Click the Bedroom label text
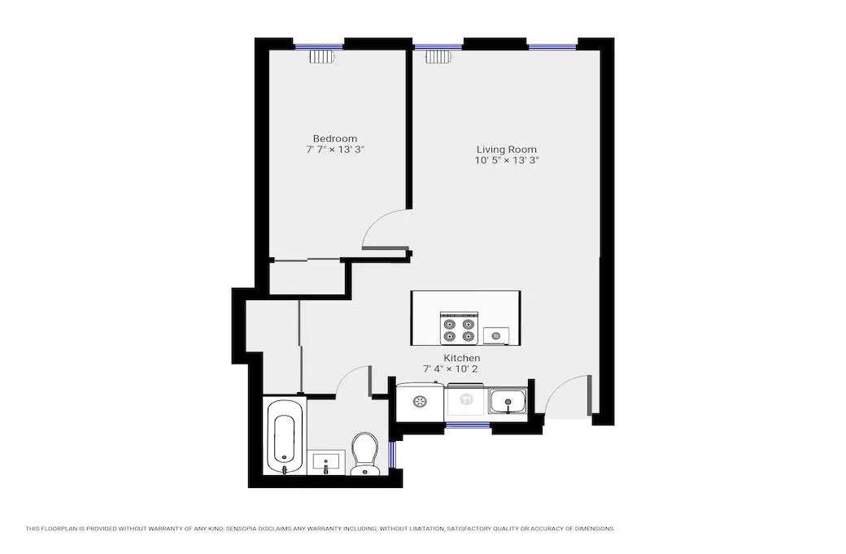point(334,138)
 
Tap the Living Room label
point(506,150)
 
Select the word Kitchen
point(461,358)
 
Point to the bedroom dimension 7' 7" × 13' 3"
point(334,150)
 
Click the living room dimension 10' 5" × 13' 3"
point(507,161)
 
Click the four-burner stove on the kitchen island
point(459,329)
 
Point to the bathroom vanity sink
point(329,462)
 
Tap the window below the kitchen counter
point(468,425)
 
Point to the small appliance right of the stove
point(496,335)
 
